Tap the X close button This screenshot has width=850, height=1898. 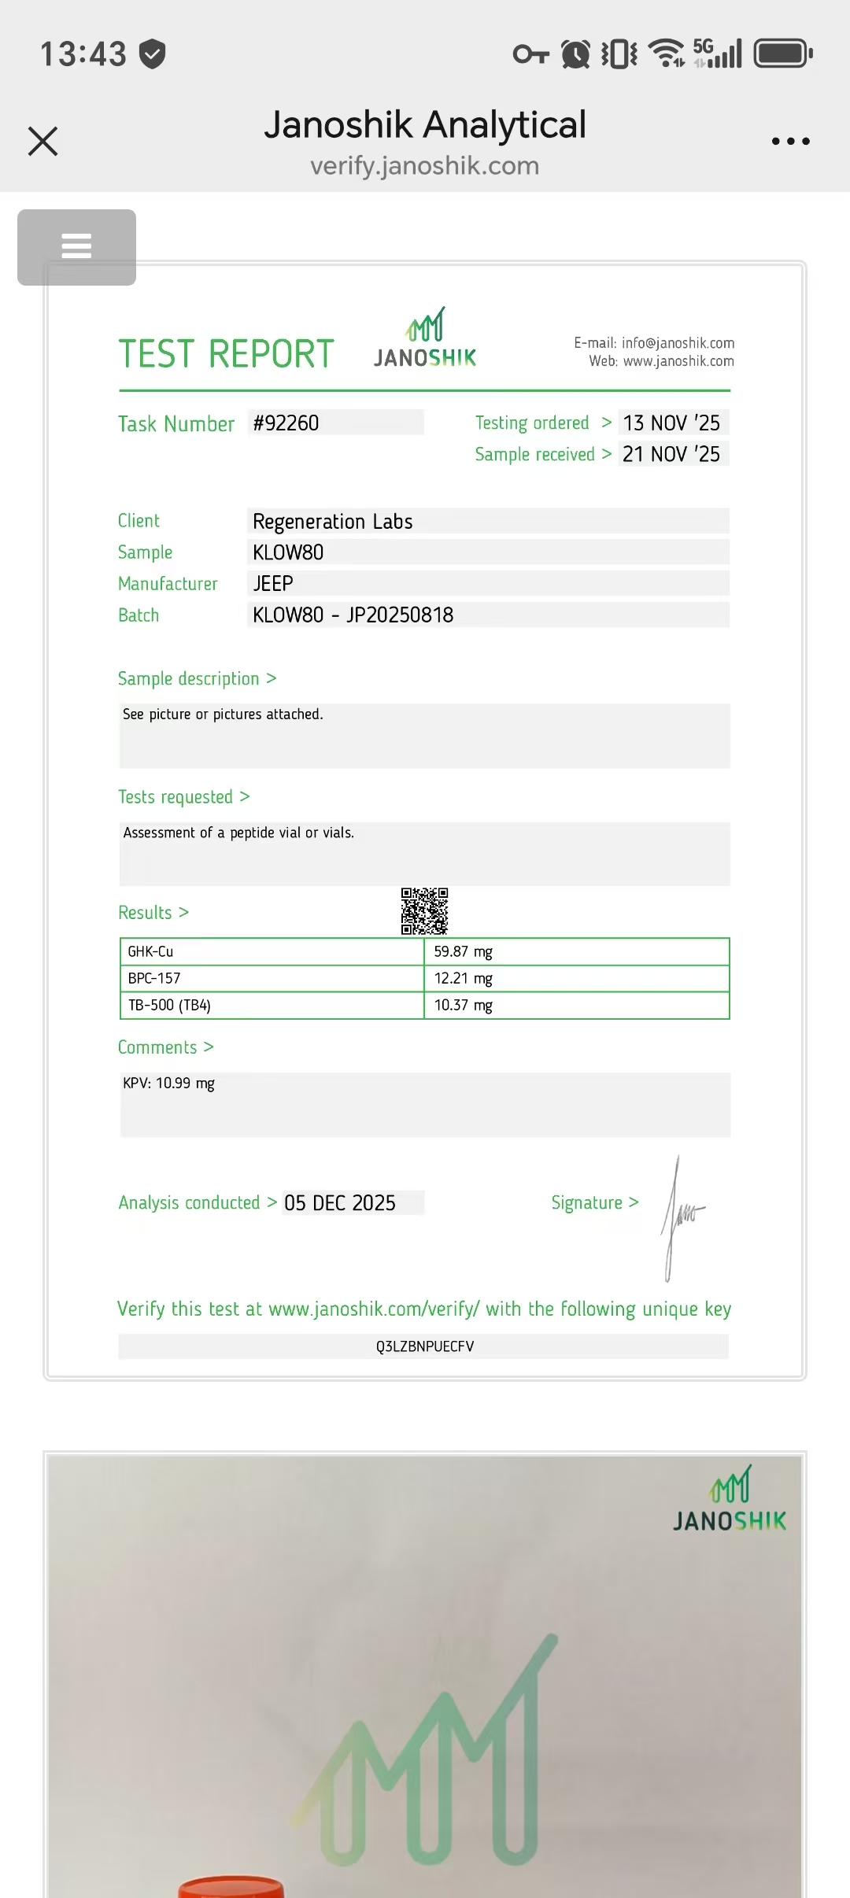pos(42,142)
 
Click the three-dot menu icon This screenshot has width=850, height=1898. pos(790,142)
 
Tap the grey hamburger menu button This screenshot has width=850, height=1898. pos(76,247)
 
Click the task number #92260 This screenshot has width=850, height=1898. pos(286,423)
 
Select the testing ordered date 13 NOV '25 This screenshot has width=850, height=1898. pos(671,423)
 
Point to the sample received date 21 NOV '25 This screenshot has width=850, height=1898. pos(671,454)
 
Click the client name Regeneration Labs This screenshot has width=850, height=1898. pos(332,522)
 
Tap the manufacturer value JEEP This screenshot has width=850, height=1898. pos(273,584)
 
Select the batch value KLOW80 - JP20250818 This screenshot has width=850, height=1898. pos(353,615)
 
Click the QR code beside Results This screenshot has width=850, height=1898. pos(424,911)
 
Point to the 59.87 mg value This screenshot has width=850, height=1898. pos(463,951)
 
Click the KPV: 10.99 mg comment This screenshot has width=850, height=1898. pos(168,1084)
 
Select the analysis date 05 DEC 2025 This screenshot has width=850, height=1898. pos(340,1203)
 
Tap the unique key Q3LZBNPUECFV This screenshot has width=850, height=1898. pos(425,1346)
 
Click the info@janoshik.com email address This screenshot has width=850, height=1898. pos(678,343)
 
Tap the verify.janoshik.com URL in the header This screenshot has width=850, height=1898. pos(425,166)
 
